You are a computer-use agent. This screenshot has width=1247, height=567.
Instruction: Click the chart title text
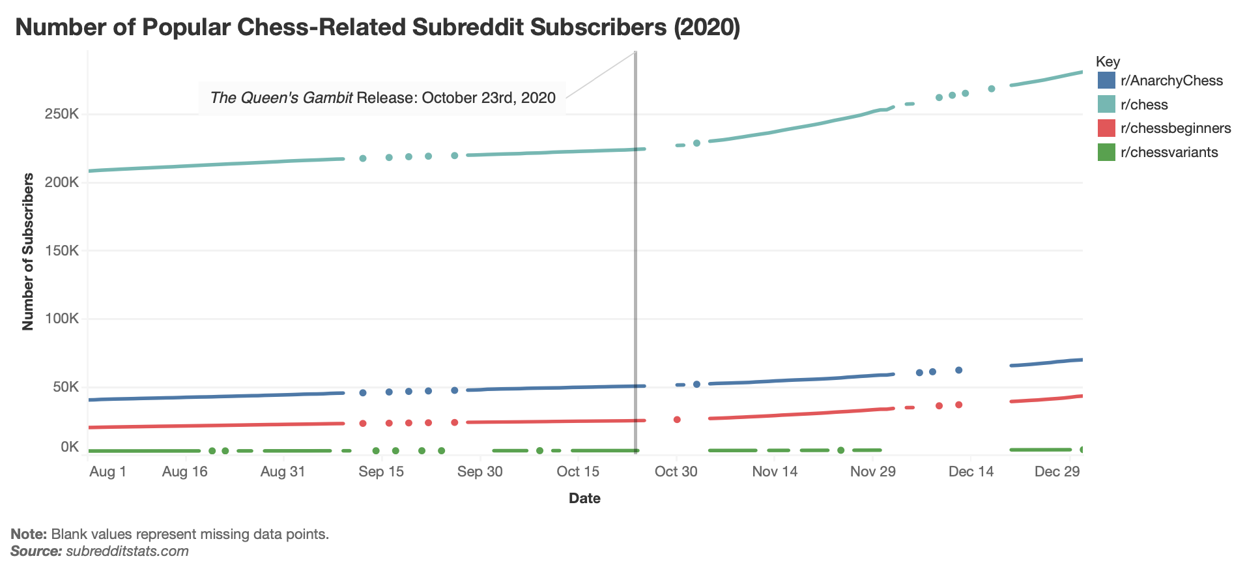(377, 27)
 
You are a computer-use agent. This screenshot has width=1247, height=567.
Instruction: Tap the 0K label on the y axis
(70, 446)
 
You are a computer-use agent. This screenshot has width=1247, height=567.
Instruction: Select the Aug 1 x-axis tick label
(107, 472)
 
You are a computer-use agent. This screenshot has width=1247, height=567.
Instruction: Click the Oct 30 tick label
(676, 472)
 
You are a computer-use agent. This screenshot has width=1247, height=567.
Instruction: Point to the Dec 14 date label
(971, 472)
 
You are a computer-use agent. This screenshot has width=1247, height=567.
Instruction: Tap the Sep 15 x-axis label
(381, 472)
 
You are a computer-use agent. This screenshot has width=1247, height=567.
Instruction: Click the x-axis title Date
(584, 499)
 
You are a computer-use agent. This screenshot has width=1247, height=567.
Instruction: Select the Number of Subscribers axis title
(28, 252)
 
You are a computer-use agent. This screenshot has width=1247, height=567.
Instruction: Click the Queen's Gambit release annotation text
(382, 98)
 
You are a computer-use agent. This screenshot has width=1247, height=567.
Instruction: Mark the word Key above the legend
(1108, 62)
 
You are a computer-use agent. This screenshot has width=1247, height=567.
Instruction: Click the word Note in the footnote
(28, 534)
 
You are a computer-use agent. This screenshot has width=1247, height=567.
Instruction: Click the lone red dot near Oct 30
(677, 420)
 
